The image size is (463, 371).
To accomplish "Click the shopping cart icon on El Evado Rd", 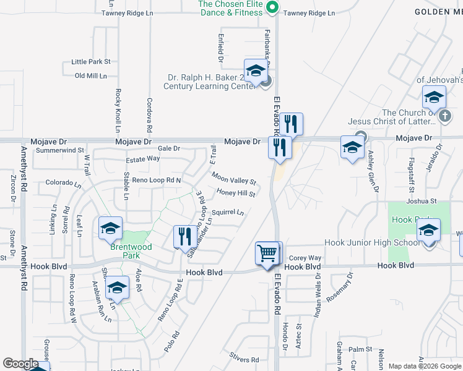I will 269,253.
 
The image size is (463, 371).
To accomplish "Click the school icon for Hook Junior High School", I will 428,231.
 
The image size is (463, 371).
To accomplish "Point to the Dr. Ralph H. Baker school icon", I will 255,71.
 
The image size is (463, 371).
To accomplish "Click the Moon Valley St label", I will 233,179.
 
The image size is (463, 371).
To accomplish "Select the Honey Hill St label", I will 236,194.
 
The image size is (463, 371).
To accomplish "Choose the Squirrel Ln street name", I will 228,212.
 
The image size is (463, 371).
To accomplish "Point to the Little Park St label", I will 91,62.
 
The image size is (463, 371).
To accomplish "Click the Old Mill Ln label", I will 91,75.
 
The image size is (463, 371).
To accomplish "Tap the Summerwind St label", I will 60,150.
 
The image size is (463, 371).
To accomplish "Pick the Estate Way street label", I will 143,159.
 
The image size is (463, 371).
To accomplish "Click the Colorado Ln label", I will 63,183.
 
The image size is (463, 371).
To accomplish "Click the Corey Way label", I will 305,258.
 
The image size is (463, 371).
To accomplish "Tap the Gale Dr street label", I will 168,148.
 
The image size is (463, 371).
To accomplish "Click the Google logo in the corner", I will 20,364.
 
